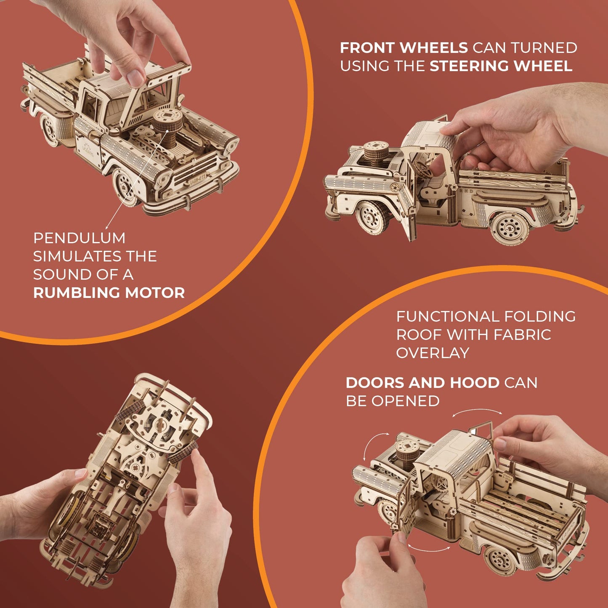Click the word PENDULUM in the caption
tap(79, 238)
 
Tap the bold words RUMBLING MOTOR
tap(109, 293)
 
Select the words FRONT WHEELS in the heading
tap(404, 48)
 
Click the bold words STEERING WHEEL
tap(501, 66)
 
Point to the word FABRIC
tap(522, 335)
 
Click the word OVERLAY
tap(433, 353)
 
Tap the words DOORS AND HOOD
tap(422, 383)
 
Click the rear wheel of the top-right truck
tap(510, 228)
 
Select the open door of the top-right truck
tap(406, 210)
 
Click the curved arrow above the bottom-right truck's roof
tap(477, 412)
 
